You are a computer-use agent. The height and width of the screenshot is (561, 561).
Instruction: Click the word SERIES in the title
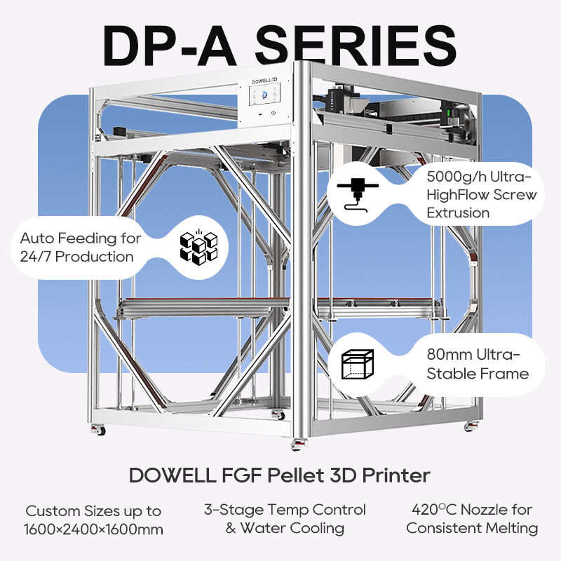(x=356, y=46)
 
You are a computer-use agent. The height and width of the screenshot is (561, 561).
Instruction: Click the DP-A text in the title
(x=170, y=46)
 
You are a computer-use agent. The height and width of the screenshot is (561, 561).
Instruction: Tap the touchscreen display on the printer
(x=265, y=94)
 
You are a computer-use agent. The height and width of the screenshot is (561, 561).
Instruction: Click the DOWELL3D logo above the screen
(x=265, y=80)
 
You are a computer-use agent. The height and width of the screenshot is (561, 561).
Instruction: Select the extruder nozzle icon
(x=358, y=195)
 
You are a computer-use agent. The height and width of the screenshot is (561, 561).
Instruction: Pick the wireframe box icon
(x=358, y=364)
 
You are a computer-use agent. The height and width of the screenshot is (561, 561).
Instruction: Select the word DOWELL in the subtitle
(x=173, y=475)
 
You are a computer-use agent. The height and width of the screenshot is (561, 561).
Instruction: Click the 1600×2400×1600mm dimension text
(x=93, y=529)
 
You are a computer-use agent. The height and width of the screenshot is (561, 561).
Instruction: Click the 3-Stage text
(x=234, y=510)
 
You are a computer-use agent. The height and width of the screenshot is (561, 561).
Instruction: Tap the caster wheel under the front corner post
(x=299, y=444)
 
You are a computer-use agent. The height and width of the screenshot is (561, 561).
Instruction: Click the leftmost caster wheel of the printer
(x=98, y=429)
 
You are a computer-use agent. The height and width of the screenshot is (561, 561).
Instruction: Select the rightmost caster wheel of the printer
(x=471, y=426)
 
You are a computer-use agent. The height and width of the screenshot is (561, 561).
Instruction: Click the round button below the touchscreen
(x=273, y=113)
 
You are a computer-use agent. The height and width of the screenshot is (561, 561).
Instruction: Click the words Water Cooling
(x=292, y=528)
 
